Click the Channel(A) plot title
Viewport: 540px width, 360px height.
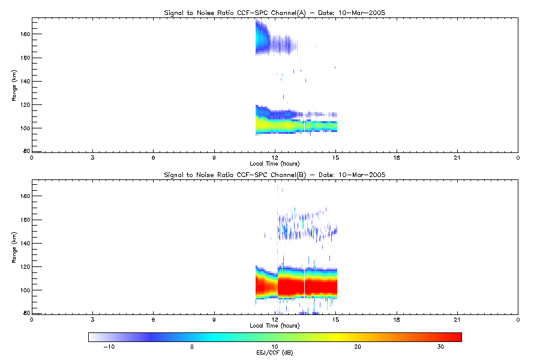(x=274, y=13)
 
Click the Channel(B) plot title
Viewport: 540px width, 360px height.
(x=274, y=175)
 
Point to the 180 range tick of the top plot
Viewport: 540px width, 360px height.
(x=25, y=34)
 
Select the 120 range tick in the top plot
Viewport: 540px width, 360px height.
(x=25, y=105)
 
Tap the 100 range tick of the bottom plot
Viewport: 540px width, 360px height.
(x=25, y=290)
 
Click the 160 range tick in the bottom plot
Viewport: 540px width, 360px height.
(x=25, y=220)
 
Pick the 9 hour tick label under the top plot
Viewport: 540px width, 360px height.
(x=214, y=158)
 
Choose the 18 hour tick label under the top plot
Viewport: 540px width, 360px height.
(x=397, y=158)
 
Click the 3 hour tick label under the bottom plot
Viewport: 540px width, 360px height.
(x=92, y=320)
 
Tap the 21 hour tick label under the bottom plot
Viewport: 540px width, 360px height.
(x=457, y=320)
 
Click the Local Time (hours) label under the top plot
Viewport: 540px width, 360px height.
(x=274, y=164)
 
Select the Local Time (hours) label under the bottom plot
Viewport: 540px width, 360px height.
(x=274, y=326)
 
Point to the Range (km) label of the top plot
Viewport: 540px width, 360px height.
(x=14, y=85)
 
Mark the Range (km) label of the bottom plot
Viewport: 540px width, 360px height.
(x=14, y=247)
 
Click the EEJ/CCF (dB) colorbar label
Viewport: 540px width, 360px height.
(x=274, y=353)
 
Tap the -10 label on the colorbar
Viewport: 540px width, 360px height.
(x=109, y=347)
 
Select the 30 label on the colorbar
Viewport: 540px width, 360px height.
(x=440, y=347)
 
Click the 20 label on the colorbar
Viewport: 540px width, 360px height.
(x=358, y=347)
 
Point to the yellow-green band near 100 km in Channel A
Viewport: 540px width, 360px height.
(x=296, y=125)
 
